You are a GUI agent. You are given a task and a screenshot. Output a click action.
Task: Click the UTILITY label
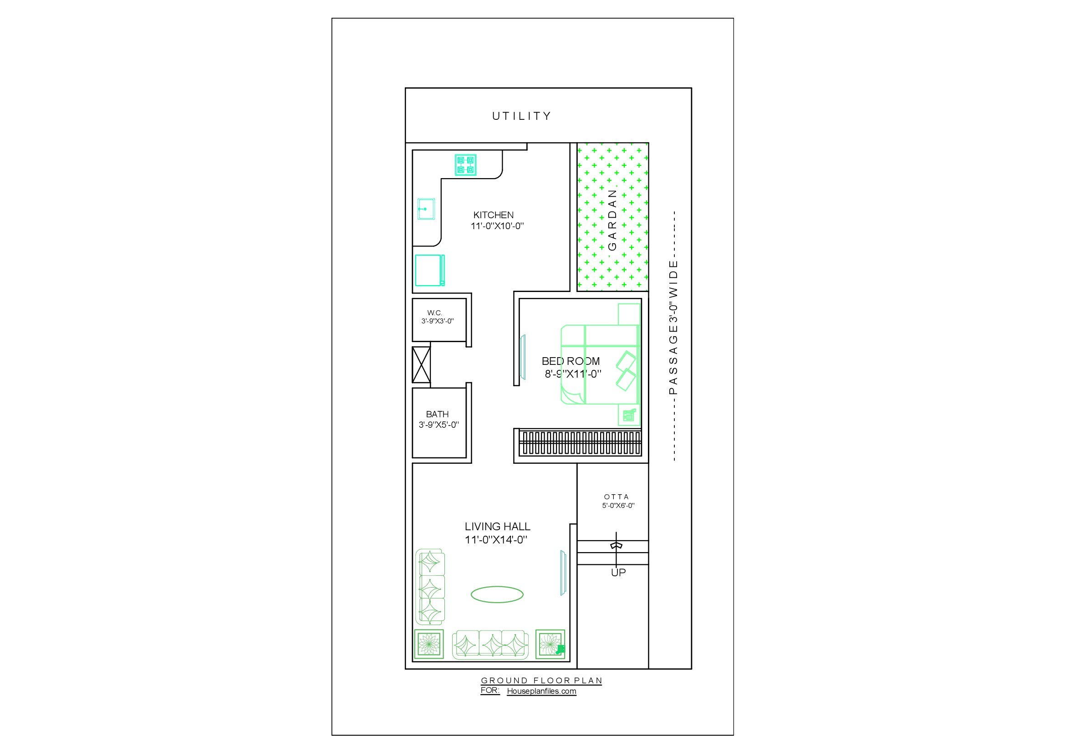point(521,116)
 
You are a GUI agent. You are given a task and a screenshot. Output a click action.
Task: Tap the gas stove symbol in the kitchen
point(465,165)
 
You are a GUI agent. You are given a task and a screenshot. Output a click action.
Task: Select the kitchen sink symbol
point(426,209)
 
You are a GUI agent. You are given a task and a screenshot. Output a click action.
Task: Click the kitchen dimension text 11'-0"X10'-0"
point(497,226)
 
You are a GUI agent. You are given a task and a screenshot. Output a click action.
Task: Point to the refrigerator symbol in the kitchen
point(429,270)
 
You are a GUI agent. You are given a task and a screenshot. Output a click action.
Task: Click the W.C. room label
point(435,313)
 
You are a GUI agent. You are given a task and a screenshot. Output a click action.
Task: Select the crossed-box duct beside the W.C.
point(421,365)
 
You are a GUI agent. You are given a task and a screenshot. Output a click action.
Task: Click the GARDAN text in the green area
point(612,220)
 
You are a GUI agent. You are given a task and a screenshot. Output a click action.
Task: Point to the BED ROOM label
point(571,361)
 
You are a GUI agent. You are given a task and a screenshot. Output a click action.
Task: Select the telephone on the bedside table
point(629,415)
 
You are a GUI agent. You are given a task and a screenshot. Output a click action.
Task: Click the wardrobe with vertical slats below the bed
point(580,443)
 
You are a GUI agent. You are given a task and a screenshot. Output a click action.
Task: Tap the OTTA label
point(617,497)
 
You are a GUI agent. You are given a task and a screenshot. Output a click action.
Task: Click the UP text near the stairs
point(618,573)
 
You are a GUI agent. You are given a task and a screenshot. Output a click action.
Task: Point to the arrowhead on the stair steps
point(616,546)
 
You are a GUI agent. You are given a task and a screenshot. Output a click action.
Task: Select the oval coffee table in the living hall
point(497,594)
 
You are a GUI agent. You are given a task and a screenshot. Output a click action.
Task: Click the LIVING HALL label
point(497,527)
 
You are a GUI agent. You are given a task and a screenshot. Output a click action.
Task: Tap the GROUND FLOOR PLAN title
point(541,681)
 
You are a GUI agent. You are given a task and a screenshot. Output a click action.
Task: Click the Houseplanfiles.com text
point(541,692)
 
